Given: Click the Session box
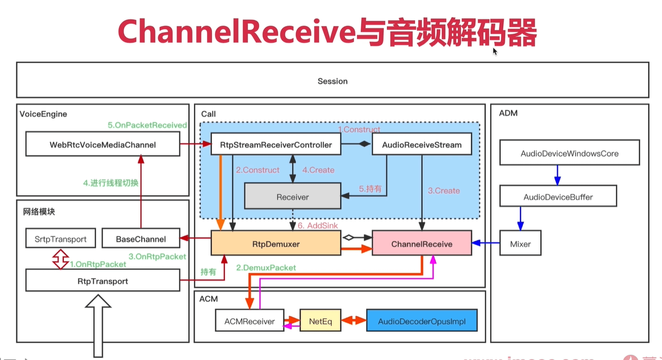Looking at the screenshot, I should (x=333, y=80).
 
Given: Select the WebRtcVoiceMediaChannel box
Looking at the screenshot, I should (x=103, y=144).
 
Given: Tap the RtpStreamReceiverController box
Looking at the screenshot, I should (x=276, y=144).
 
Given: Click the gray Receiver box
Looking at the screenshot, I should (x=292, y=197).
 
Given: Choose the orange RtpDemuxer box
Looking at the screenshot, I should (x=276, y=244).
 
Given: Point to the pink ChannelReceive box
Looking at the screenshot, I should (x=422, y=244).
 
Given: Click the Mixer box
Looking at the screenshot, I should (x=520, y=244).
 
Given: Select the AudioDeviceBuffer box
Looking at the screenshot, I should (x=558, y=197).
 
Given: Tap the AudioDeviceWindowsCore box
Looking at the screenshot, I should (x=569, y=153).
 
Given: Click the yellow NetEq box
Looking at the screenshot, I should (x=320, y=322).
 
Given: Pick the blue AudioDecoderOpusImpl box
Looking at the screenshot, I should (x=422, y=322).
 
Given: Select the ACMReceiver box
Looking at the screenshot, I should (x=249, y=322).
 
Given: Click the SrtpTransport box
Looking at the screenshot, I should (x=60, y=239).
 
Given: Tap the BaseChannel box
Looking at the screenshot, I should (x=141, y=239).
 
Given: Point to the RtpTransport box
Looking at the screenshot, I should (x=103, y=281).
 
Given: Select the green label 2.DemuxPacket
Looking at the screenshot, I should (x=266, y=268).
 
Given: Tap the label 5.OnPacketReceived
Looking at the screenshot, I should (x=147, y=125).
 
